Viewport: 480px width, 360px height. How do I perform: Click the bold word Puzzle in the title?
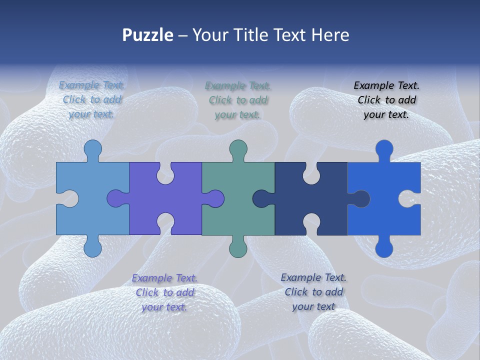(x=147, y=35)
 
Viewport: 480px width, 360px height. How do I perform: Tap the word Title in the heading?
(x=248, y=35)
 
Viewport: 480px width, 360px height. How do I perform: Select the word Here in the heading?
(x=330, y=35)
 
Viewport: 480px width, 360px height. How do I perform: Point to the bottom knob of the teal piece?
(x=238, y=248)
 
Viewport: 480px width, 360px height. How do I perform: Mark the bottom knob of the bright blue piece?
(x=384, y=248)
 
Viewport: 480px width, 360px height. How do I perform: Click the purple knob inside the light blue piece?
(x=116, y=198)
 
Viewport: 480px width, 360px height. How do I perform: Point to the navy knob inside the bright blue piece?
(x=361, y=198)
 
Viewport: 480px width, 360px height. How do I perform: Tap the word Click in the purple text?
(x=147, y=292)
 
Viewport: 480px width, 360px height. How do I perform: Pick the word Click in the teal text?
(x=220, y=100)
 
